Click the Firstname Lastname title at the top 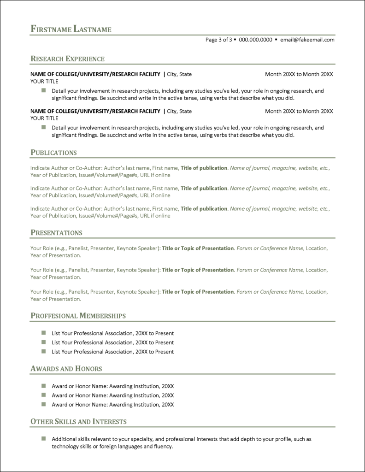coord(71,29)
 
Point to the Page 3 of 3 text coord(218,40)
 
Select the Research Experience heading coord(67,59)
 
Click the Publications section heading coord(53,153)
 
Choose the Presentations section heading coord(56,233)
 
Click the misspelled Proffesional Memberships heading coord(78,316)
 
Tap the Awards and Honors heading coord(66,369)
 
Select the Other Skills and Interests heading coord(78,421)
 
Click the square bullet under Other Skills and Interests coord(44,438)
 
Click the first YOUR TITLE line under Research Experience coord(44,81)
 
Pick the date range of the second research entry coord(299,111)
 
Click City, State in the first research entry coord(179,74)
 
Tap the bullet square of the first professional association coord(44,333)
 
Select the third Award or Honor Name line coord(112,404)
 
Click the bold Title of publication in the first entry coord(204,168)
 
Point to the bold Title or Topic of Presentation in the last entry coord(198,292)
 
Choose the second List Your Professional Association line coord(112,342)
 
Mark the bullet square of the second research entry coord(44,127)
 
